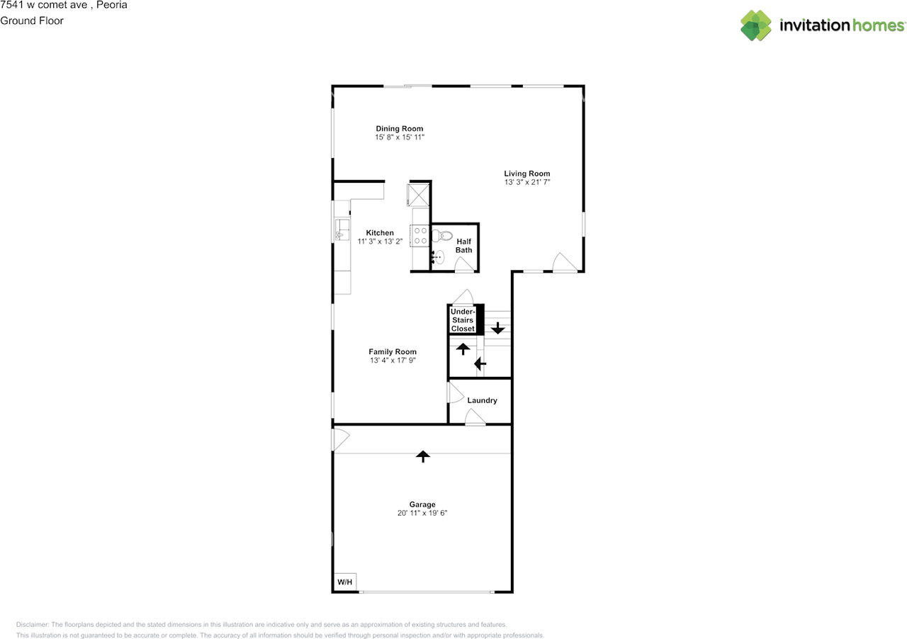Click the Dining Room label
399,128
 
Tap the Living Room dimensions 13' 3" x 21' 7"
526,182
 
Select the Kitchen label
380,233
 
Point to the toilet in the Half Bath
442,235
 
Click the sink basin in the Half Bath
439,257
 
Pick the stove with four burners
419,236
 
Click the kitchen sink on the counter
342,230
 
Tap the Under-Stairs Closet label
463,320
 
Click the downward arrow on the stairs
497,327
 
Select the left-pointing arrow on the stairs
480,363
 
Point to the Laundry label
482,400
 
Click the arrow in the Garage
423,456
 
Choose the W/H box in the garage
345,582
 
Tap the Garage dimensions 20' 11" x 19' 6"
422,513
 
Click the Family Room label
393,351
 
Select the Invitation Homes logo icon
756,26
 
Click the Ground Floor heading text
32,21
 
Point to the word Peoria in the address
111,5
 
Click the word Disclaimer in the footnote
32,624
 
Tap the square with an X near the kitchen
418,195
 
